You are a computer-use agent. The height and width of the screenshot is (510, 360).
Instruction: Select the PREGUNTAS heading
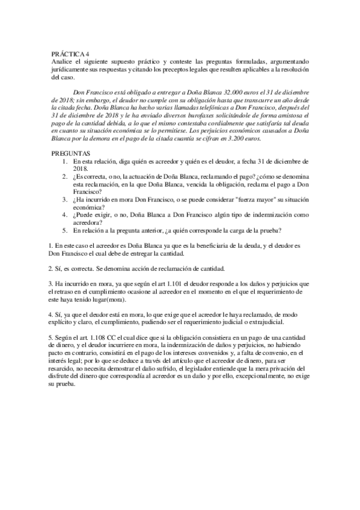coord(73,154)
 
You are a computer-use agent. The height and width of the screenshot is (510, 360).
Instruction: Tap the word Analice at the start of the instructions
coord(61,62)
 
